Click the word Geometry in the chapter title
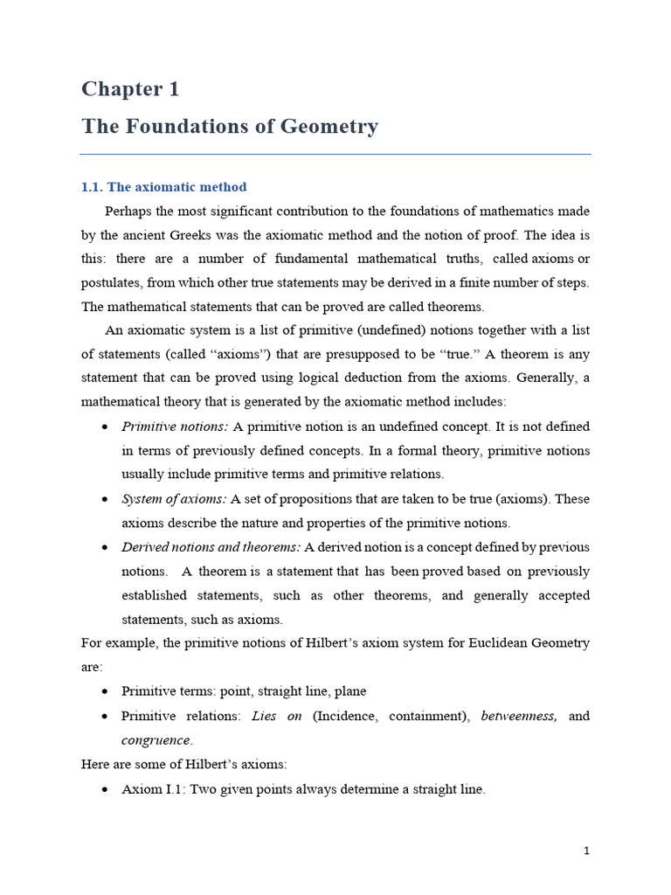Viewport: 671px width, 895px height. tap(329, 127)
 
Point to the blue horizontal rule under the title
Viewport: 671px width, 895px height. tap(335, 155)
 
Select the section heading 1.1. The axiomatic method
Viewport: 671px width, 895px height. tap(164, 187)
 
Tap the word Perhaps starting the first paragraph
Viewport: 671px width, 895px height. tap(130, 211)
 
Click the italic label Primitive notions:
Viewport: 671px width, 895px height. tap(175, 427)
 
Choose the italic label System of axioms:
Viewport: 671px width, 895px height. tap(174, 499)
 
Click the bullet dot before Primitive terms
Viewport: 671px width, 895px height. tap(105, 691)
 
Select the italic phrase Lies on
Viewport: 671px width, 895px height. tap(277, 716)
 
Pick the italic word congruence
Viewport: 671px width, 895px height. tap(156, 740)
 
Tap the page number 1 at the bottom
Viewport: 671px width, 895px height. tap(587, 850)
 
